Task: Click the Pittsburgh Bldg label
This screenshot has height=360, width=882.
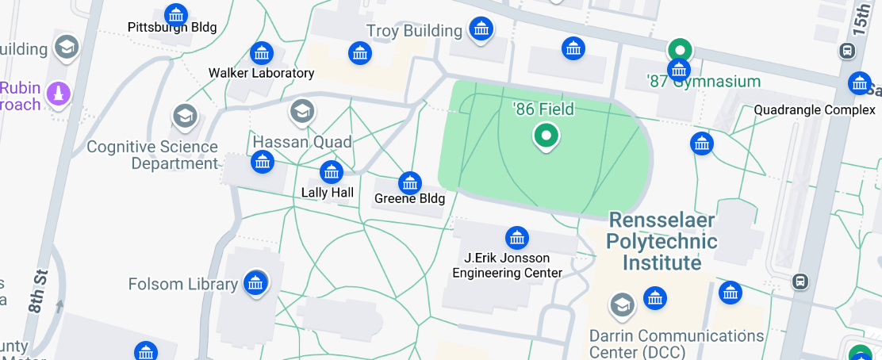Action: tap(172, 27)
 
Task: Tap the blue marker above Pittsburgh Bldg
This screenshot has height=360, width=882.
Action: tap(176, 13)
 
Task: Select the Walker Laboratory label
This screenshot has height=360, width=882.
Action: tap(261, 73)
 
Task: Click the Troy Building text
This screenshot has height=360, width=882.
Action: tap(414, 31)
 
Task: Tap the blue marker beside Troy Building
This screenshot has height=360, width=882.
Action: tap(480, 29)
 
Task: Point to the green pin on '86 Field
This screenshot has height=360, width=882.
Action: tap(545, 136)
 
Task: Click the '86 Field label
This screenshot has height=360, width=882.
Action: tap(543, 109)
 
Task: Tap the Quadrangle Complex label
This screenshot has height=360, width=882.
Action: tap(814, 110)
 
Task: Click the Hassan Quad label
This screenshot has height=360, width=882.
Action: tap(301, 142)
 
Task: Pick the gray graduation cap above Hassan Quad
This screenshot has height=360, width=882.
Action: tap(301, 112)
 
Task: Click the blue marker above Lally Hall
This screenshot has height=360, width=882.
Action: tap(331, 171)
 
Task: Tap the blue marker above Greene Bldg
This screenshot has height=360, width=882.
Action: tap(409, 182)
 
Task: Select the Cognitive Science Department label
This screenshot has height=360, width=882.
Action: tap(152, 155)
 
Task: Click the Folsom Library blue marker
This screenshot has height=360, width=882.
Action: tap(255, 282)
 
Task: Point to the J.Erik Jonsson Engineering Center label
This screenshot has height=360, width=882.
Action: tap(507, 265)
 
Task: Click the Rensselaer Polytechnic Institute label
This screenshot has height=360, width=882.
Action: tap(661, 241)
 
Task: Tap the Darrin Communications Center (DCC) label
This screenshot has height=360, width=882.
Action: tap(676, 343)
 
